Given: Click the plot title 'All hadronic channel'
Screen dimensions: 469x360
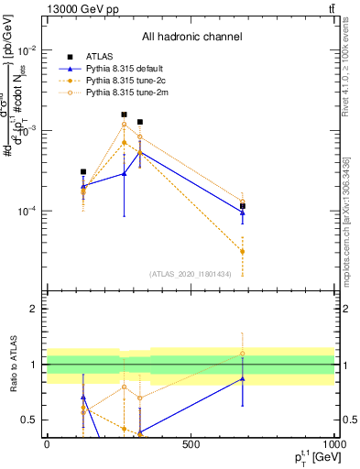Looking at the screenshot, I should [x=191, y=37].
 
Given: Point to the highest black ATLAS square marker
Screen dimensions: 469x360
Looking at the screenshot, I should [x=124, y=115].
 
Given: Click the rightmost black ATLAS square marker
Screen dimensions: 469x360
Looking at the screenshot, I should [x=243, y=206].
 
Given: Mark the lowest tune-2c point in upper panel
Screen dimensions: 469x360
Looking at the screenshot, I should [x=243, y=251].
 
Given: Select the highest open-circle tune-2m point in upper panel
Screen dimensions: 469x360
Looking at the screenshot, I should [x=124, y=125].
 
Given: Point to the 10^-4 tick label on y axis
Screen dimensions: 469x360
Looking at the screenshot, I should [x=29, y=212].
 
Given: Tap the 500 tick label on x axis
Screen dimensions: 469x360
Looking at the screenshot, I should [x=191, y=444].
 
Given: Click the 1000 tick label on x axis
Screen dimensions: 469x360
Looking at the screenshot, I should [x=333, y=444].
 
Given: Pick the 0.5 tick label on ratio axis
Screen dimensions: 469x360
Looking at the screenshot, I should [x=31, y=420].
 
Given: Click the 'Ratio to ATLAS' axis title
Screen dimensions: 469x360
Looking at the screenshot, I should [x=13, y=364].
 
